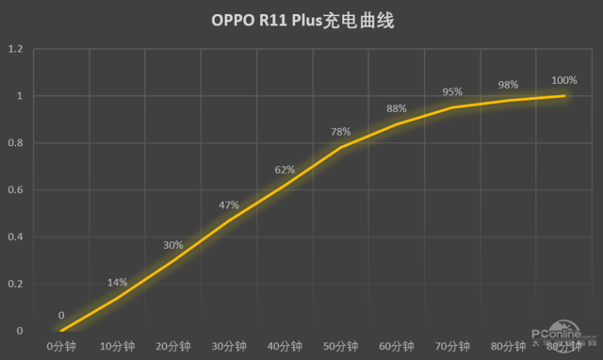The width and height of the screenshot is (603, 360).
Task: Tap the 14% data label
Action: click(117, 282)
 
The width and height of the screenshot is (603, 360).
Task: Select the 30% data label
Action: click(172, 245)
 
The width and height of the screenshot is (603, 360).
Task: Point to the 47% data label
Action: click(229, 205)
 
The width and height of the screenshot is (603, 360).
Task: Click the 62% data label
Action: click(285, 170)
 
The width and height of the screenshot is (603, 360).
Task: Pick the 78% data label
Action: click(340, 132)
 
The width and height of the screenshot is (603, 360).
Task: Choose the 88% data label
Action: click(397, 108)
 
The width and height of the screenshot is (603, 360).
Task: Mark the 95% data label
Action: click(452, 91)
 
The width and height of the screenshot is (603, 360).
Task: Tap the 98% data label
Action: click(508, 85)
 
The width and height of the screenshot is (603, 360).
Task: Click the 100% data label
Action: click(564, 80)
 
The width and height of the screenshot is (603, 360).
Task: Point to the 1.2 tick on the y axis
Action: click(16, 49)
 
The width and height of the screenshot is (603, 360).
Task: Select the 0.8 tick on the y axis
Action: click(16, 143)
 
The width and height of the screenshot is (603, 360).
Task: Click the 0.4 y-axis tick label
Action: click(16, 237)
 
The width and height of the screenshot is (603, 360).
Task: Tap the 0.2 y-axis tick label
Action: click(16, 284)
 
